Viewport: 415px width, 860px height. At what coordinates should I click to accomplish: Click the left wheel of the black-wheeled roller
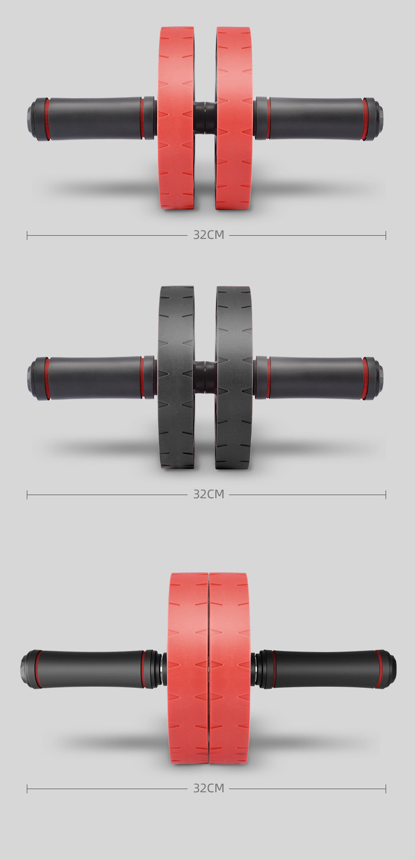coord(177,377)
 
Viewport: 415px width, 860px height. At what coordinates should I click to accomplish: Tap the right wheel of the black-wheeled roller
coord(234,377)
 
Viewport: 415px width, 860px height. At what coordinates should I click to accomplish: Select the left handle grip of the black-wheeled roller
coord(95,378)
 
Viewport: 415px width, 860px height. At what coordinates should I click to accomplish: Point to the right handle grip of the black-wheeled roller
coord(316,378)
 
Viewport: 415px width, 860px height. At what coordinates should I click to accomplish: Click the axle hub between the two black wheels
coord(205,377)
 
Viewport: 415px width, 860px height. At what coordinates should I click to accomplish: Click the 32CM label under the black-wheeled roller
coord(209,494)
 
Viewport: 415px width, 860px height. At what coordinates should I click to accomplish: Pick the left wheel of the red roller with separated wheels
coord(176,118)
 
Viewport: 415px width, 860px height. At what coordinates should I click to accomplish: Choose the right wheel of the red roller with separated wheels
coord(234,118)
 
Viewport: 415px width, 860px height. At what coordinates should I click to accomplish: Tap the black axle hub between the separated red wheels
coord(205,118)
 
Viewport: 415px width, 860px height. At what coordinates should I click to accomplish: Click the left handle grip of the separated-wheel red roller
coord(95,119)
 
